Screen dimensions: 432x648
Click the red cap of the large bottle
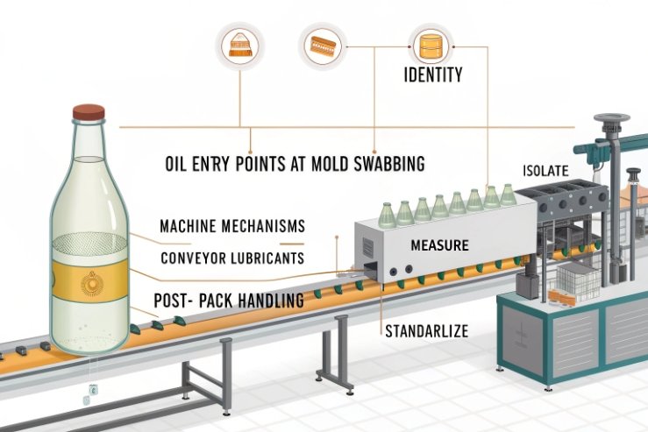[x=88, y=112]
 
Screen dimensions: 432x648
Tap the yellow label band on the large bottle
[x=88, y=286]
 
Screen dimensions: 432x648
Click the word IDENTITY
[x=432, y=75]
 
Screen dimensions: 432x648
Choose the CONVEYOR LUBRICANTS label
[x=233, y=258]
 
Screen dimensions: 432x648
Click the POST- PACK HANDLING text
[x=229, y=300]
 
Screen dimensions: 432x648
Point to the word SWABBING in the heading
[x=383, y=163]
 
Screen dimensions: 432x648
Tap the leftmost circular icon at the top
[x=239, y=44]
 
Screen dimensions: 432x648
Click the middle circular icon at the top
[x=318, y=42]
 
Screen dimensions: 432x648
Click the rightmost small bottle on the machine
[x=509, y=194]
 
